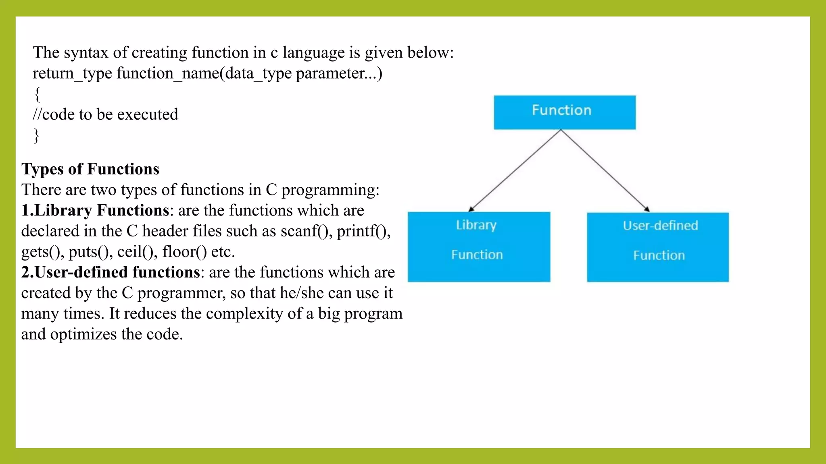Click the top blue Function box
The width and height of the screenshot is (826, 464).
click(x=564, y=112)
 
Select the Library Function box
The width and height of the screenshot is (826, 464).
click(x=479, y=246)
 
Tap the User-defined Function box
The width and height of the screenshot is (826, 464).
click(x=657, y=247)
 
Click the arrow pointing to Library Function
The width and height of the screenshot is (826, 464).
click(x=514, y=171)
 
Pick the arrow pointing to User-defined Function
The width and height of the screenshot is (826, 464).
click(x=605, y=171)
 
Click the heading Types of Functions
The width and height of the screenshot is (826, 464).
click(x=90, y=169)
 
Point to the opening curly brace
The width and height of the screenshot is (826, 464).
click(x=37, y=94)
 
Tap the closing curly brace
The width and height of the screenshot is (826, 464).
click(x=36, y=136)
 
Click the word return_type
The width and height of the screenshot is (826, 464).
click(x=72, y=74)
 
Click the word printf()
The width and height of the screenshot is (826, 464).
click(x=363, y=231)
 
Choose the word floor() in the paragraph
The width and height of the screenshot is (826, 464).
click(x=184, y=252)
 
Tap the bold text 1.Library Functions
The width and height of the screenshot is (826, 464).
click(x=95, y=211)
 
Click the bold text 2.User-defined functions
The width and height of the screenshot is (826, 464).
click(x=111, y=273)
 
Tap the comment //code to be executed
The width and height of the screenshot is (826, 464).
click(x=105, y=115)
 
